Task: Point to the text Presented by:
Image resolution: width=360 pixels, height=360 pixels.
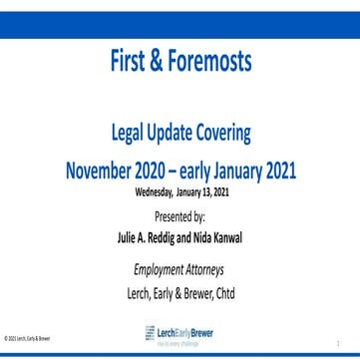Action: click(x=180, y=214)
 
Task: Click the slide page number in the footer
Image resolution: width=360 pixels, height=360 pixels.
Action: click(x=338, y=340)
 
